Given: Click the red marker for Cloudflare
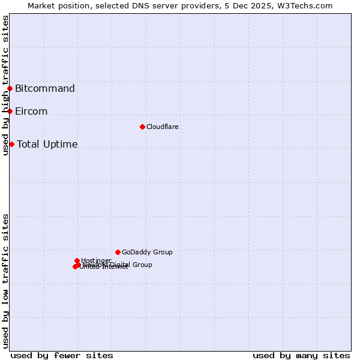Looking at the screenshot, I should coord(142,127).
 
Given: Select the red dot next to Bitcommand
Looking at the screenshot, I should coord(10,89).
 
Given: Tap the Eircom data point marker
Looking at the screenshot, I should coord(10,111).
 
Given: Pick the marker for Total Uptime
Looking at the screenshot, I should coord(11,144).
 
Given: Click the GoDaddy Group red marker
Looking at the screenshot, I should coord(118,252).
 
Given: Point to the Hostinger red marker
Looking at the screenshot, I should coord(77,260).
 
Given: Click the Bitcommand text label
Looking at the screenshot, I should coord(45,89).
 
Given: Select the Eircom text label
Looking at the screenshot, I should coord(31,112).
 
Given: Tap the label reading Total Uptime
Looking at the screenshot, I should coord(47,144).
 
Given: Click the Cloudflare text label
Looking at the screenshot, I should coord(163,127).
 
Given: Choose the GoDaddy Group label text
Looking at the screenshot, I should coord(147,252).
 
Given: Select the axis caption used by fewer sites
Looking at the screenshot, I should coord(62,355).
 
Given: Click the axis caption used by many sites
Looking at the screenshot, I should coord(301,355).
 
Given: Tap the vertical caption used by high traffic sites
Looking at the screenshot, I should coord(5,85).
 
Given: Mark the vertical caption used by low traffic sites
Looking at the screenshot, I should coord(5,281).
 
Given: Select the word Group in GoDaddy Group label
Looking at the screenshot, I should coord(162,252).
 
